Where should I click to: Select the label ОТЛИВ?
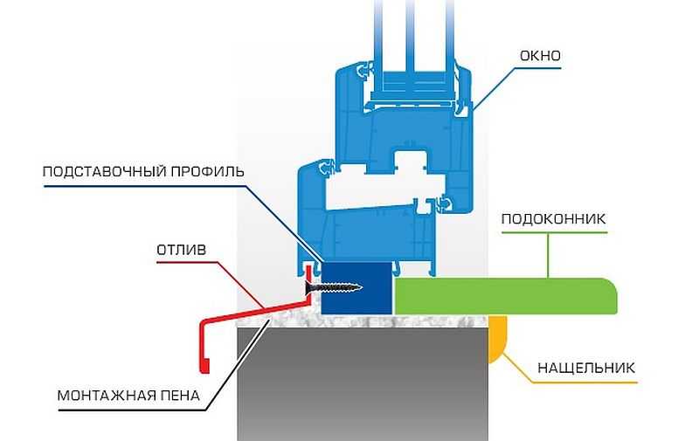(182, 250)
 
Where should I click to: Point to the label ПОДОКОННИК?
(553, 218)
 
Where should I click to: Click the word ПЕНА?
(182, 396)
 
